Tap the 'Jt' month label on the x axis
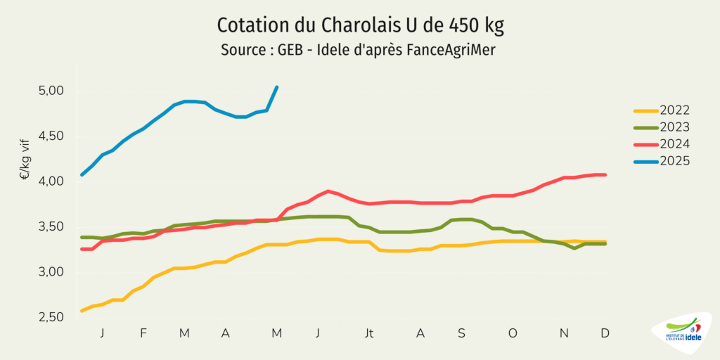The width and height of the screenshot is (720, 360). pos(368,333)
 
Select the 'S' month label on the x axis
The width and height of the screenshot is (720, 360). pos(462,333)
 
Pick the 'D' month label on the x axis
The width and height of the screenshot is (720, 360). pos(605,333)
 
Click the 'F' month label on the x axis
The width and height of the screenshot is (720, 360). pos(143,333)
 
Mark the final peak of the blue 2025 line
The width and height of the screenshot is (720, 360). pos(277,87)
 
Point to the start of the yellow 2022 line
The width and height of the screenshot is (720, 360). pos(82,310)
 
